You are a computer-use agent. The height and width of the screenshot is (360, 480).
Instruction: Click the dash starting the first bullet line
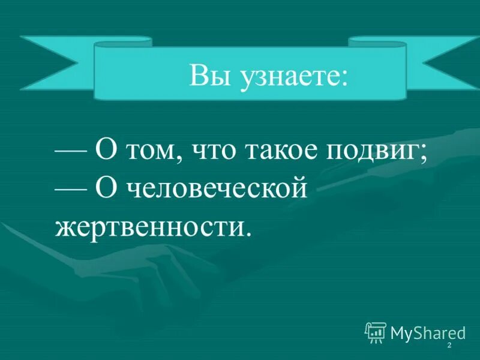tap(71, 152)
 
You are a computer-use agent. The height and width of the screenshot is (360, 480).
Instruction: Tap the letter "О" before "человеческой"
tap(106, 188)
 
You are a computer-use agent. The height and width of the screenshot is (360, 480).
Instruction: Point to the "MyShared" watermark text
tap(427, 332)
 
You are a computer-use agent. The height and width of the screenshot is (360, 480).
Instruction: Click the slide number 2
tap(449, 347)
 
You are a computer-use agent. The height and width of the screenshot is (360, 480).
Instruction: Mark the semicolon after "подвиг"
tap(424, 155)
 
